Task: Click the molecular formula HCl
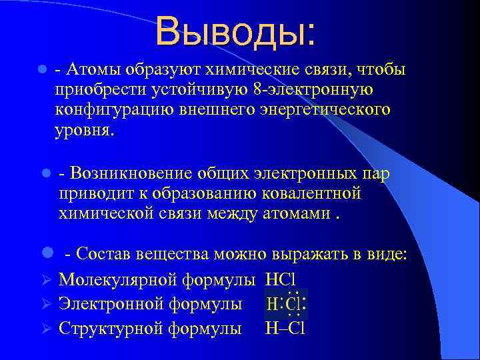[x=281, y=279]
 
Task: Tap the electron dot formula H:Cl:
[x=285, y=303]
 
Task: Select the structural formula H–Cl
[x=285, y=328]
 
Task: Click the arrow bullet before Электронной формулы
[x=45, y=304]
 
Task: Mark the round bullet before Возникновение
[x=45, y=173]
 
